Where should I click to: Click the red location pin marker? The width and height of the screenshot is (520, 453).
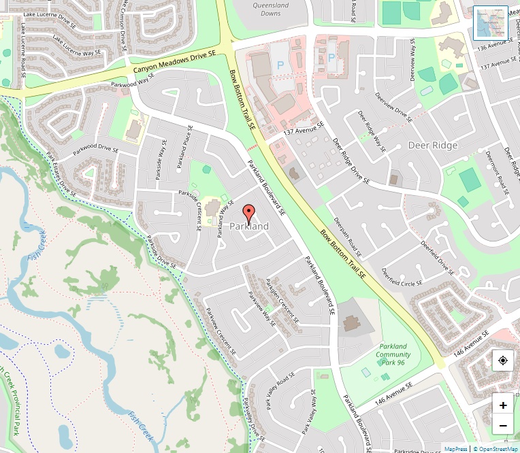248,213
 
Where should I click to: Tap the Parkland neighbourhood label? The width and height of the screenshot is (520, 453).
249,226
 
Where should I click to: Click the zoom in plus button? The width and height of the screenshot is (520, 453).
503,405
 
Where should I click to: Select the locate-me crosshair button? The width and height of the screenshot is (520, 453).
503,360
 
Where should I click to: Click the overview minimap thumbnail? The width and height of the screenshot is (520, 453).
491,23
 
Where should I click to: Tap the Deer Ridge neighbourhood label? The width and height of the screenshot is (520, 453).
433,146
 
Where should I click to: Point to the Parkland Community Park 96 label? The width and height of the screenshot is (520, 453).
393,354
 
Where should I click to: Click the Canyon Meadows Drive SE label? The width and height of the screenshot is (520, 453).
174,62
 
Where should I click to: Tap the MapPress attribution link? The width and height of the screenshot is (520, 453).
456,449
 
